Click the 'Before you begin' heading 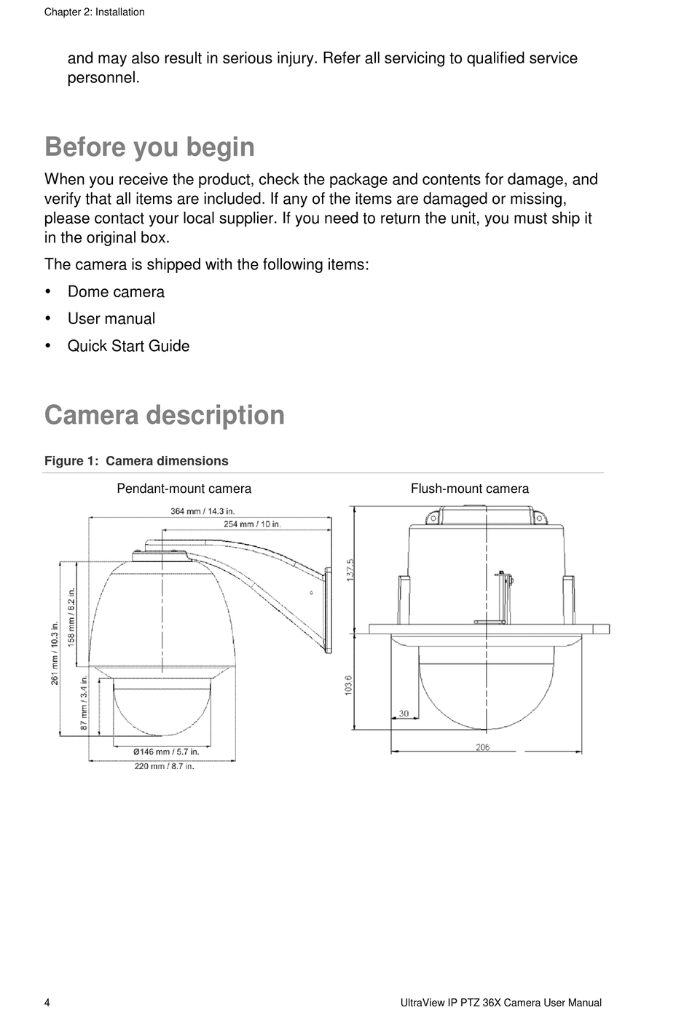(x=149, y=147)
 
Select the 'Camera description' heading (x=165, y=415)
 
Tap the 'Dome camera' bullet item (x=116, y=292)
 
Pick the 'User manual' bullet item (x=111, y=319)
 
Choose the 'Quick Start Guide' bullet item (x=128, y=346)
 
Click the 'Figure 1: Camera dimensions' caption (x=136, y=461)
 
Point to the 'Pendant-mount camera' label (x=184, y=489)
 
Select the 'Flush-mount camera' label (x=469, y=489)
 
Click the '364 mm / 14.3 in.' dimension (x=203, y=511)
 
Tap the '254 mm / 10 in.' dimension (x=252, y=524)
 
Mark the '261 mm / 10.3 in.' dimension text (x=55, y=652)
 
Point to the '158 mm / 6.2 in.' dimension (x=71, y=616)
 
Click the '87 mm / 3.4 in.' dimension (x=84, y=703)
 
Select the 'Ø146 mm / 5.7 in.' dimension (x=166, y=751)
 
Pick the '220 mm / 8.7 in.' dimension (x=164, y=766)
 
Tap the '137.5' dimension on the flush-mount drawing (x=350, y=569)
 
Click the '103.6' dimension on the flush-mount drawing (x=349, y=684)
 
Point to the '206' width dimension (x=483, y=747)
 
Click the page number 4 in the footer (x=47, y=1003)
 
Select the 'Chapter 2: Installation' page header (x=94, y=12)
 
